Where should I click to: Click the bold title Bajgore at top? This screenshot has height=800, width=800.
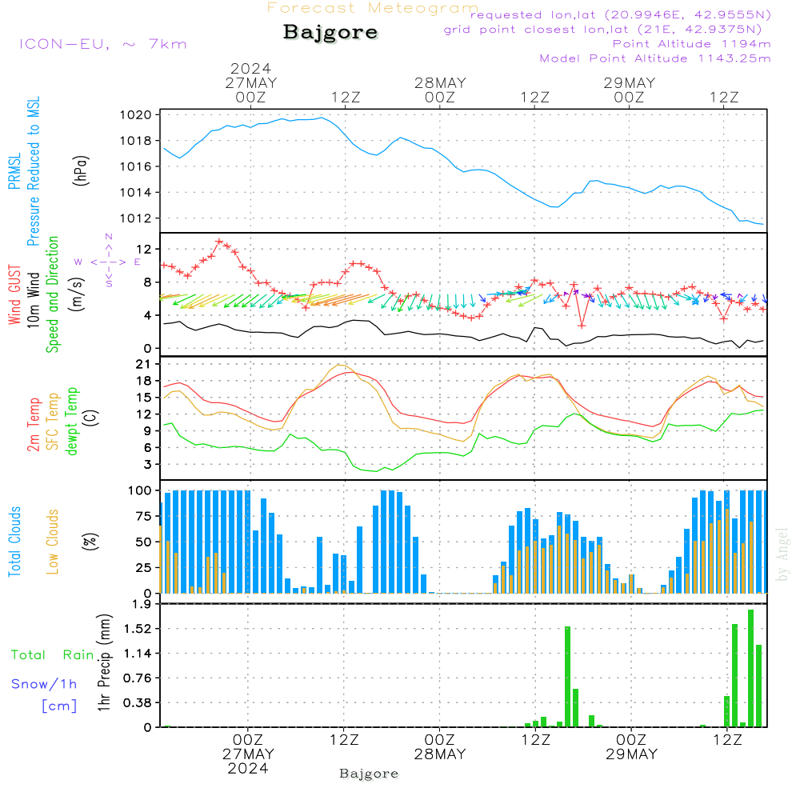(x=330, y=32)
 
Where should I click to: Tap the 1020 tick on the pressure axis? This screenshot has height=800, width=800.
(x=136, y=114)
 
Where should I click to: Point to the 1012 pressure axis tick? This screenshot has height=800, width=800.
(x=136, y=218)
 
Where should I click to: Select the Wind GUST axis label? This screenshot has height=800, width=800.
(x=14, y=294)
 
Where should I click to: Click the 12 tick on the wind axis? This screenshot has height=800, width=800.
(x=144, y=249)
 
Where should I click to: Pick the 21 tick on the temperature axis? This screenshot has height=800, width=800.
(x=144, y=364)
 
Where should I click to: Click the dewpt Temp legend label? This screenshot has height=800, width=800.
(x=71, y=421)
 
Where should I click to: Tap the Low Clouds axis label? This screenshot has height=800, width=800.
(x=52, y=542)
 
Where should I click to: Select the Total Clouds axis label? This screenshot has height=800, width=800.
(x=14, y=542)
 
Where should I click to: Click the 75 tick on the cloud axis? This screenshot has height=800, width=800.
(x=144, y=516)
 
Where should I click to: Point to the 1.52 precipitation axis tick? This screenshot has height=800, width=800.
(x=138, y=629)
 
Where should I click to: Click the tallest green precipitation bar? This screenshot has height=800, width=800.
(x=750, y=668)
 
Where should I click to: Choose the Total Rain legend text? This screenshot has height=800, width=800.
(x=53, y=654)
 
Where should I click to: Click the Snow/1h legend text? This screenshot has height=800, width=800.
(x=44, y=684)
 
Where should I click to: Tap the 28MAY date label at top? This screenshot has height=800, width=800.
(x=440, y=83)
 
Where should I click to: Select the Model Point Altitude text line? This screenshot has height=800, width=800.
(x=655, y=58)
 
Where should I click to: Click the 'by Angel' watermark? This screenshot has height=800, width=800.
(x=782, y=555)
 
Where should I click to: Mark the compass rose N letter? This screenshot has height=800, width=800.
(x=109, y=237)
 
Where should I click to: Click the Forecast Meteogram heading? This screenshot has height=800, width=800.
(x=373, y=8)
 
